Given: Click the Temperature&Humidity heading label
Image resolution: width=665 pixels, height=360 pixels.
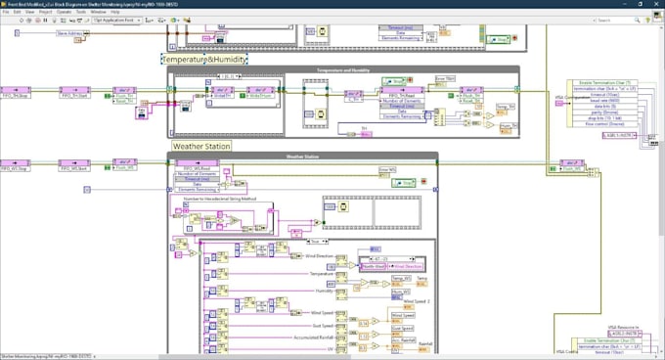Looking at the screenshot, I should point(204,60).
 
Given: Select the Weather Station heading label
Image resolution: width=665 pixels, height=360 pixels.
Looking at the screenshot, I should point(201,147).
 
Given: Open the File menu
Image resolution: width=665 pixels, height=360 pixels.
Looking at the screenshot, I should point(5,12).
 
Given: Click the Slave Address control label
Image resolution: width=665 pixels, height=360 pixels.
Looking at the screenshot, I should point(68,33).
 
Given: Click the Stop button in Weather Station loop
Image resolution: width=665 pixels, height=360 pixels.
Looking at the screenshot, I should point(405,182).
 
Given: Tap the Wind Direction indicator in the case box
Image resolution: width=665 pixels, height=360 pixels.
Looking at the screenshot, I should point(408,265).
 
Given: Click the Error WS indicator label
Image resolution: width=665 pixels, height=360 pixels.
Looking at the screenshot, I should point(386,170).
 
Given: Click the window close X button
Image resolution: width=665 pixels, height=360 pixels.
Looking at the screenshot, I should point(656,4).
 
